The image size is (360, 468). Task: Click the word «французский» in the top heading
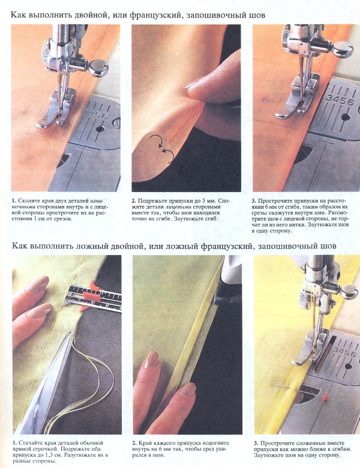tap(155, 15)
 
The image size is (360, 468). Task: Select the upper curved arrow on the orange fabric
tap(157, 140)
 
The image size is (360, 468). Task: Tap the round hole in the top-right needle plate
tap(346, 116)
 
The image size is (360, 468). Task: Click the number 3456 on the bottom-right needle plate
tap(344, 352)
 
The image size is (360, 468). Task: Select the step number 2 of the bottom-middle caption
tap(134, 443)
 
